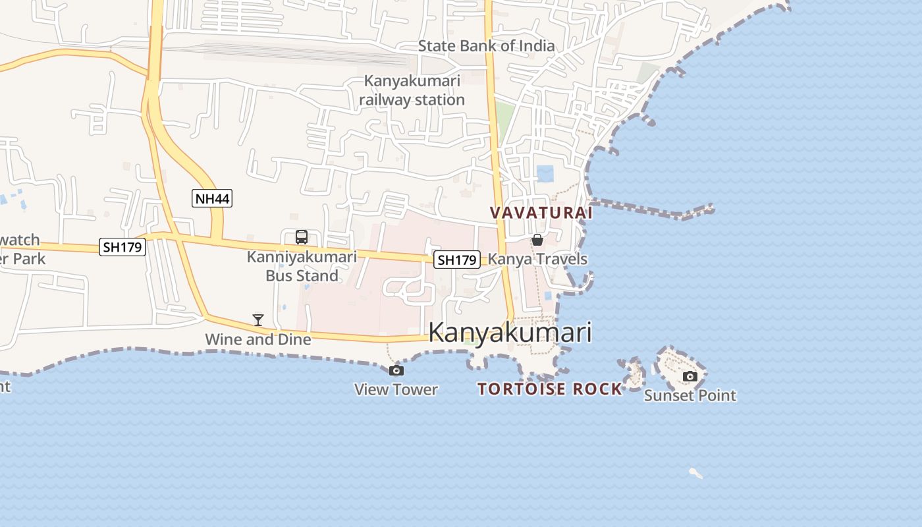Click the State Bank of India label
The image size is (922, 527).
click(487, 46)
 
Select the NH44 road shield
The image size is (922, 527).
click(212, 198)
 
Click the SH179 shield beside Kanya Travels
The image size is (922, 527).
click(457, 260)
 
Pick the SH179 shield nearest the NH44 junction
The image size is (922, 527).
click(122, 247)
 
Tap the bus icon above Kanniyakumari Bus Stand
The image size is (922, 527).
click(302, 237)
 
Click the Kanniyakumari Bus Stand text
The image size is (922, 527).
click(302, 266)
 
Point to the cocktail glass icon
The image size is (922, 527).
click(258, 320)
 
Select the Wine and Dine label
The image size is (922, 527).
click(258, 340)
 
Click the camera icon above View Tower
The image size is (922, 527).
click(396, 370)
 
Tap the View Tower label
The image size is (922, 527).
click(396, 389)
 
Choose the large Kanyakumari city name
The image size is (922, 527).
click(510, 333)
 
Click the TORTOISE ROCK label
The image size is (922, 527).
click(550, 389)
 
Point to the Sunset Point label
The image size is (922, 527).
click(690, 395)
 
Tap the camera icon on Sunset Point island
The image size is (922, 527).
click(690, 376)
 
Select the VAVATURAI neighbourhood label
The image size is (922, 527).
click(541, 213)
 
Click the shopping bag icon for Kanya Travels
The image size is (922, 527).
click(537, 240)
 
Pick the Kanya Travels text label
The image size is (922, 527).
click(538, 259)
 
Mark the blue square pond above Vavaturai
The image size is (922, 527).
click(545, 174)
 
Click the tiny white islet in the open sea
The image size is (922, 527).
click(695, 472)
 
